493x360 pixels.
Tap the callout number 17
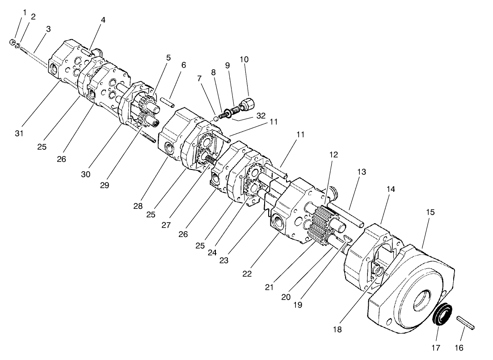tap(436, 347)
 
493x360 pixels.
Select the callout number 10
tap(244, 59)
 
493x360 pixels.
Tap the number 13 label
tap(362, 172)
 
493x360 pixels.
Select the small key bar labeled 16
tap(465, 323)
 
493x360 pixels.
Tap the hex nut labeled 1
tap(12, 42)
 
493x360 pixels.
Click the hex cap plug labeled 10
tap(246, 105)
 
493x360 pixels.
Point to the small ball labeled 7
tap(216, 118)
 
